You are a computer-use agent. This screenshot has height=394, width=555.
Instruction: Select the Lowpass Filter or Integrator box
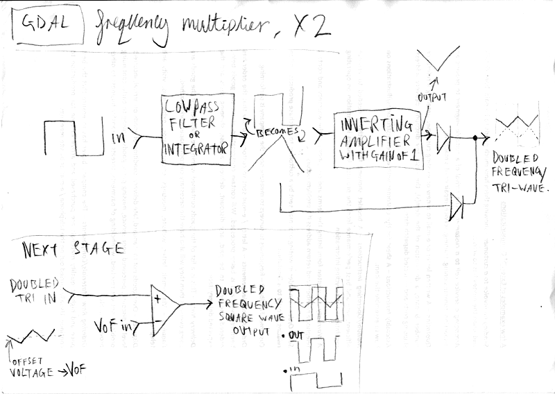coord(195,130)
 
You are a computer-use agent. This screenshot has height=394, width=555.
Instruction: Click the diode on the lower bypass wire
coord(456,205)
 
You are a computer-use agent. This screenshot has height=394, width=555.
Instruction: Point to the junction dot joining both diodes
coord(475,139)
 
